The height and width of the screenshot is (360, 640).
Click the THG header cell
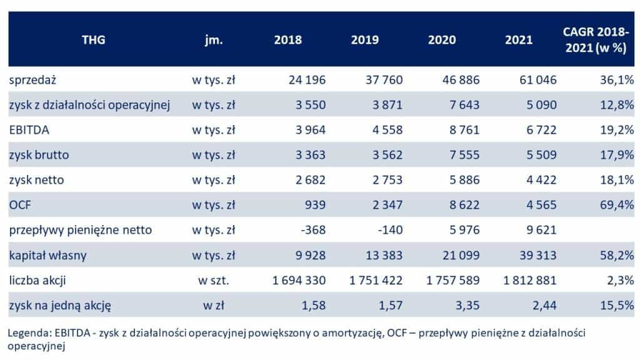(93, 40)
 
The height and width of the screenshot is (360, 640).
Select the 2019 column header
(364, 40)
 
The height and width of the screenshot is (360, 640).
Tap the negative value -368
(312, 230)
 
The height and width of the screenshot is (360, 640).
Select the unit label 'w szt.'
(213, 280)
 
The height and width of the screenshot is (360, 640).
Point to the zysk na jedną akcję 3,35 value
(468, 305)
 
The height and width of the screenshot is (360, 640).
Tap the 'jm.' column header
(213, 40)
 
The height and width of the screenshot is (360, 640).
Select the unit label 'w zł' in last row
(213, 305)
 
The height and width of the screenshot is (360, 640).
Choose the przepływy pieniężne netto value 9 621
(541, 230)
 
